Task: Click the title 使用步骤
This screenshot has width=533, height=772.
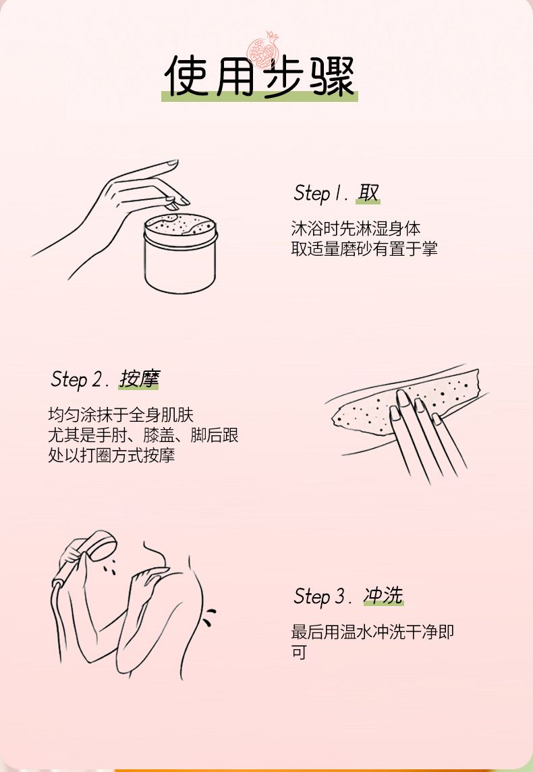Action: tap(259, 76)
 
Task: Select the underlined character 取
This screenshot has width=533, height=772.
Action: tap(368, 193)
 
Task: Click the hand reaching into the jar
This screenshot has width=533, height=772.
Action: tap(113, 212)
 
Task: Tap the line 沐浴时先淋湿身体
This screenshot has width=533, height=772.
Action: tap(356, 229)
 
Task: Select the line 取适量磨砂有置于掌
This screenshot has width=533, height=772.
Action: tap(364, 248)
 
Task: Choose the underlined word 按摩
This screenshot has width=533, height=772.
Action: tap(139, 379)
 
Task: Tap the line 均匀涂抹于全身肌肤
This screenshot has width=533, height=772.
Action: tap(121, 414)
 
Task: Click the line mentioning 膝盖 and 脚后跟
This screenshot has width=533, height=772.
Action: tap(143, 435)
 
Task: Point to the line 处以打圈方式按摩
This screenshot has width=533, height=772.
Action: tap(111, 456)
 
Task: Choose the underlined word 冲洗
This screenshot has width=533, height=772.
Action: tap(383, 596)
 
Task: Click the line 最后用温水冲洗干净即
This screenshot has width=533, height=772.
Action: tap(372, 632)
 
